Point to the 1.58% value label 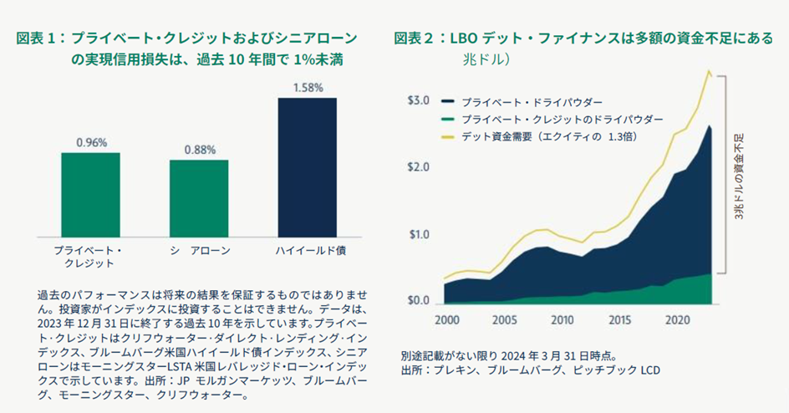pos(307,87)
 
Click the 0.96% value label pos(91,142)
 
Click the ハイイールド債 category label pos(308,251)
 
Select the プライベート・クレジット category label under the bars pos(91,257)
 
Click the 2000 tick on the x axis pos(447,320)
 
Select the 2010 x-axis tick pos(562,320)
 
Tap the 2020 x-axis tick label pos(675,320)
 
